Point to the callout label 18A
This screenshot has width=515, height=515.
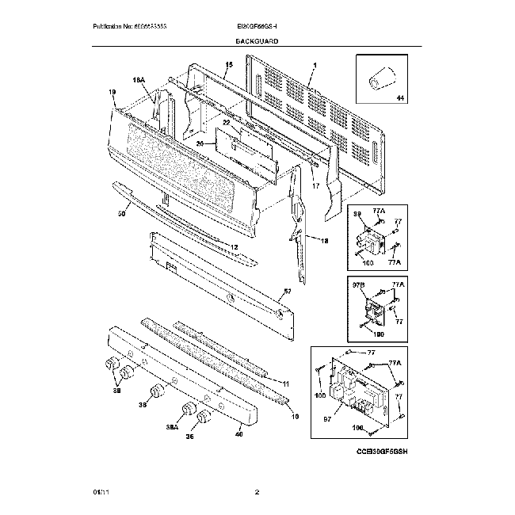point(137,80)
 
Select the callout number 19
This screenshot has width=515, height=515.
point(113,92)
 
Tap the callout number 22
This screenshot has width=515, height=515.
point(226,123)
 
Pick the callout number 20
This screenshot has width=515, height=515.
point(200,143)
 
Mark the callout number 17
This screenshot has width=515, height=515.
point(315,185)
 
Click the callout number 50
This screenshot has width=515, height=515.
point(123,213)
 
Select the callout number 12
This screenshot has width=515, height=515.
point(234,247)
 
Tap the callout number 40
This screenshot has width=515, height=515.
point(238,433)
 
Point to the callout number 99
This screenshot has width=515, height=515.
point(357,214)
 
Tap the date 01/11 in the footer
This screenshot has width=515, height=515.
point(99,492)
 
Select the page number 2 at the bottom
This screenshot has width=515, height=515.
point(257,492)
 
